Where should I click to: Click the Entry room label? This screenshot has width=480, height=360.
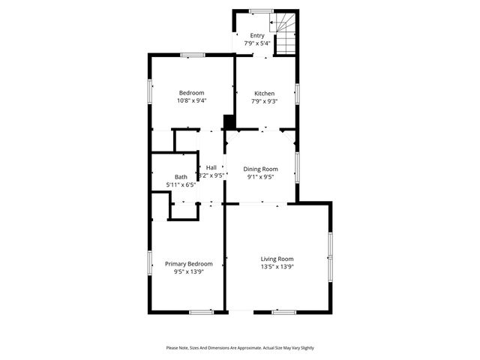257,35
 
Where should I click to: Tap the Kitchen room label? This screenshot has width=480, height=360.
264,93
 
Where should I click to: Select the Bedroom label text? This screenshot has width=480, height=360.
191,93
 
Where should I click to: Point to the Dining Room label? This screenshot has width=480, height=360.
260,169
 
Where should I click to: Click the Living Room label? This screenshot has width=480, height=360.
277,259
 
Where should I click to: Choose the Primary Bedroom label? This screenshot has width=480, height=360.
189,264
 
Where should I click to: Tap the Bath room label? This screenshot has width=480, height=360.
181,177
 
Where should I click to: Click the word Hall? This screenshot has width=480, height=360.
211,167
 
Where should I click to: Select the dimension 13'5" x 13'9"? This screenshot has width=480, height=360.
277,267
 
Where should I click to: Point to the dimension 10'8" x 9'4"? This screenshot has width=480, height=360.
191,100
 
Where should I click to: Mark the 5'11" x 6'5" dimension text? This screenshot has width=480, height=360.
181,184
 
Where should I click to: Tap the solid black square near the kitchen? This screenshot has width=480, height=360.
229,122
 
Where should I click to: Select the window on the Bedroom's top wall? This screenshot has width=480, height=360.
193,54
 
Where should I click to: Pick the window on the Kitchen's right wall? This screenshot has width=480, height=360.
297,93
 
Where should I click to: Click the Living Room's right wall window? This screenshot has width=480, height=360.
330,258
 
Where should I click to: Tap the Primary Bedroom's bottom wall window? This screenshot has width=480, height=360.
200,312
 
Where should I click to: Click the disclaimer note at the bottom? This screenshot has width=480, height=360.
240,348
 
